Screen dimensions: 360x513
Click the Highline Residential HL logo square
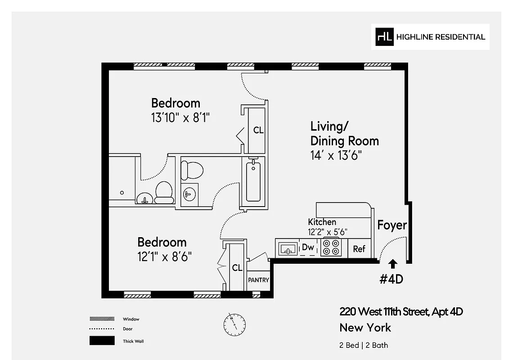point(385,37)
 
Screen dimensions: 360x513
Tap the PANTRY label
point(258,280)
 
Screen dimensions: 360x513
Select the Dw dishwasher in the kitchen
point(308,247)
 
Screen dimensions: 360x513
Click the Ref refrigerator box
point(359,248)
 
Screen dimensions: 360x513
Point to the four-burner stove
point(331,248)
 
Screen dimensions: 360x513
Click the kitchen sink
point(287,248)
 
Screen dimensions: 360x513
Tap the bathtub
point(253,181)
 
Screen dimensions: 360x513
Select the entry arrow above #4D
point(392,264)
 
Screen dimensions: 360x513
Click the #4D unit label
point(391,279)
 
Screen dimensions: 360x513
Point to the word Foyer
point(392,225)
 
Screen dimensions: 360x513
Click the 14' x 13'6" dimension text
point(336,156)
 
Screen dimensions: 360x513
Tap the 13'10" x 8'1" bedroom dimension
point(181,118)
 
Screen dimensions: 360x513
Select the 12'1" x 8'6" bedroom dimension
point(165,257)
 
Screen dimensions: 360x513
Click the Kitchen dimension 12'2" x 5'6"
point(328,233)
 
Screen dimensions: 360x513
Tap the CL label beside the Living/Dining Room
point(258,130)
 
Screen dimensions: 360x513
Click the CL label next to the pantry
point(237,268)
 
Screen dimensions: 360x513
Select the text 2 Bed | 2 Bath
point(364,345)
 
